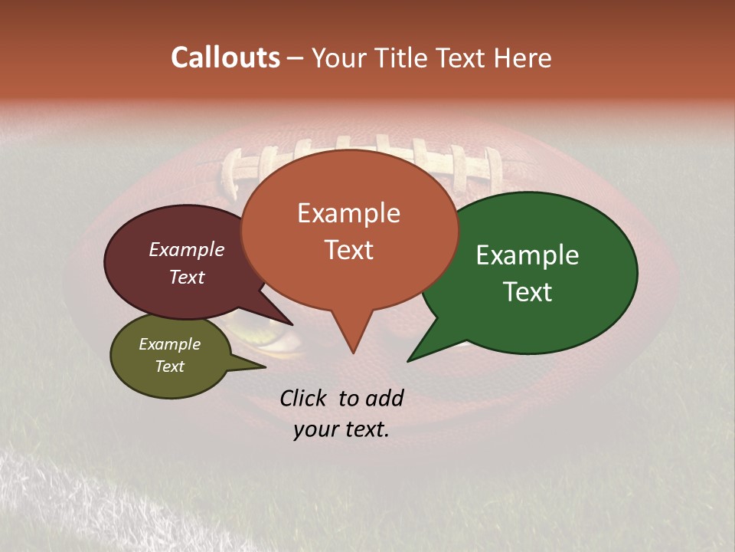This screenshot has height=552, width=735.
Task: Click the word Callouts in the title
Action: click(225, 58)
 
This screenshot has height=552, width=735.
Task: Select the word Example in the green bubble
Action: click(528, 255)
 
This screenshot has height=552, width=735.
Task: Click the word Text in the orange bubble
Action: click(349, 250)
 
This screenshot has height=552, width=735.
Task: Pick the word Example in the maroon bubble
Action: click(187, 249)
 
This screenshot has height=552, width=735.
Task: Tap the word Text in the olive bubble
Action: click(170, 366)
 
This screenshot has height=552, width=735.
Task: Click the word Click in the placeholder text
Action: click(303, 398)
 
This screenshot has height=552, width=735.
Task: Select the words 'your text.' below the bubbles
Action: click(341, 429)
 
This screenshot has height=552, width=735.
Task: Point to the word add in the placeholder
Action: click(384, 398)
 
